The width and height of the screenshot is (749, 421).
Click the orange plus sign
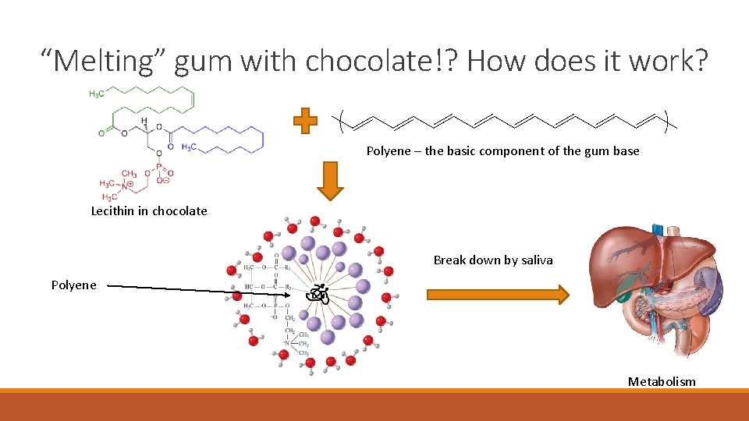click(x=305, y=122)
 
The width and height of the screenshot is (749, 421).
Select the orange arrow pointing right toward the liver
click(x=498, y=294)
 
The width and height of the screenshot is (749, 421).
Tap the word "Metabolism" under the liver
click(x=661, y=381)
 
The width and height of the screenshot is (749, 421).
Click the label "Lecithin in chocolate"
click(x=149, y=210)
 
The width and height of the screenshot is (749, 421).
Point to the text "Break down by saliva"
click(x=492, y=260)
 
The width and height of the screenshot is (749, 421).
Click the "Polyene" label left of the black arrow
click(x=74, y=285)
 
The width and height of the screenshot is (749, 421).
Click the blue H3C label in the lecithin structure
click(x=190, y=146)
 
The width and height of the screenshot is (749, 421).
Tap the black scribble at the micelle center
click(x=315, y=294)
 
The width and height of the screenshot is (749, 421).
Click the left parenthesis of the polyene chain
click(x=344, y=122)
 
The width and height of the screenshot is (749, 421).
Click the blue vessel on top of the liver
click(x=657, y=229)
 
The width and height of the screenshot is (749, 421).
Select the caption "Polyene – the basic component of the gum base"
click(x=502, y=150)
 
